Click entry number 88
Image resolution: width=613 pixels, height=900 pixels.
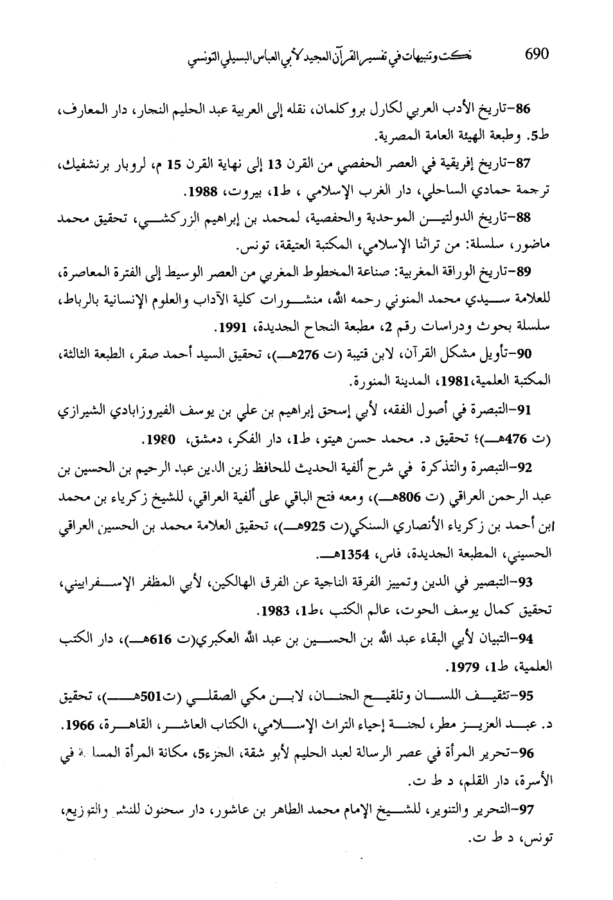click(533, 218)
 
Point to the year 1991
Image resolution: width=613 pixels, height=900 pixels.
click(229, 328)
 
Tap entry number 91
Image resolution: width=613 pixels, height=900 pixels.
click(533, 409)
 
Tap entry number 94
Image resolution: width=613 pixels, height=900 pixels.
click(533, 639)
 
